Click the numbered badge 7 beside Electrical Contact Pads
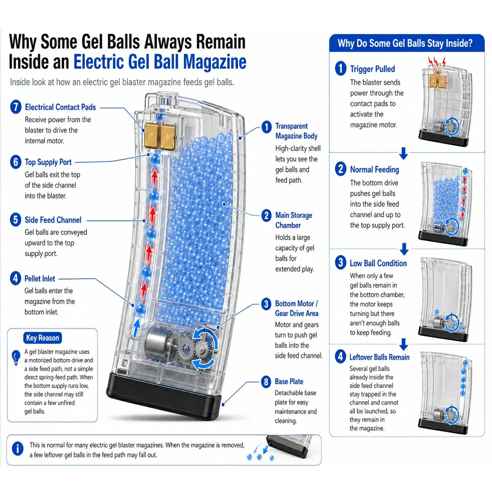coord(16,107)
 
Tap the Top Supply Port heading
coord(48,162)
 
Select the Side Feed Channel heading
coord(53,220)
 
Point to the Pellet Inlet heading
coord(40,278)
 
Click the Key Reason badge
coord(43,338)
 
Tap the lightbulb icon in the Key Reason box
coord(16,358)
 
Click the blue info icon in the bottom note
coord(18,448)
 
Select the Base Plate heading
coord(289,381)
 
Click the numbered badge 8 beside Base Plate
coord(266,382)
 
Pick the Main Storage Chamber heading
coord(294,220)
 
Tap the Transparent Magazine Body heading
coord(296,131)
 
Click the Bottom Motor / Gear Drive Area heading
coord(297,308)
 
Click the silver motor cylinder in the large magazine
coord(159,343)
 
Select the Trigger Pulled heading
coord(373,69)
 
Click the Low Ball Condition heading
coord(378,263)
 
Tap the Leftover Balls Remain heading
coord(379,357)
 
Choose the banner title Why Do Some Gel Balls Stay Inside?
coord(405,43)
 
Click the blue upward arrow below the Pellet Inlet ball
coord(136,328)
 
